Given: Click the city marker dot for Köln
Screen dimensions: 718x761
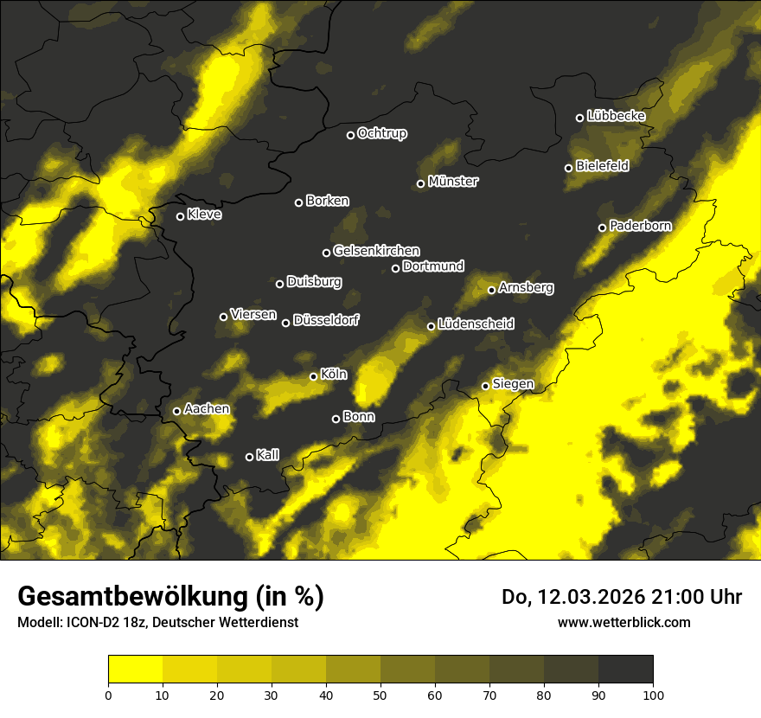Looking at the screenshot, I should coord(314,376).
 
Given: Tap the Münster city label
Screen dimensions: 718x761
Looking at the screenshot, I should coord(453,182).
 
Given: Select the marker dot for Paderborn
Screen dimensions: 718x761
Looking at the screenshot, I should coord(603,228).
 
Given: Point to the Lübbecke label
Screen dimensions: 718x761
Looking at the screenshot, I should coord(616,116).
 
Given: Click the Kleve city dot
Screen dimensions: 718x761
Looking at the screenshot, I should coord(181,216).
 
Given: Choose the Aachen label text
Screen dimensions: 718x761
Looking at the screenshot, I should coord(207,408).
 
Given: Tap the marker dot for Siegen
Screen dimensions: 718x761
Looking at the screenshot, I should coord(486,386).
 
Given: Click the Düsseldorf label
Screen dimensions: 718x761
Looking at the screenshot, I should coord(326,320).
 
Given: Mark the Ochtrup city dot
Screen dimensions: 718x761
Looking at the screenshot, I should coord(350,135).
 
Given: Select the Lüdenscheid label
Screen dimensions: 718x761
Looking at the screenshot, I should coord(476,324).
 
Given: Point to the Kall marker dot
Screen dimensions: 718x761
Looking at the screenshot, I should coord(250,457).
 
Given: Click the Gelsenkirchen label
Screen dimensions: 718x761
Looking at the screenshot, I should coord(376,251).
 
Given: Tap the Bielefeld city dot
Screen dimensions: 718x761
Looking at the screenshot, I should coord(569,168).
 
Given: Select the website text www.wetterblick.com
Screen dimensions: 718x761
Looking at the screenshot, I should coord(624,622).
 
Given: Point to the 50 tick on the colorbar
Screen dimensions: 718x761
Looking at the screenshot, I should coord(380,695).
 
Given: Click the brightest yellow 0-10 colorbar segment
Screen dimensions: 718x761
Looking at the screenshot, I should coord(136,669).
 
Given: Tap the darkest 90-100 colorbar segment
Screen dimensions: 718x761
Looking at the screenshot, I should coord(625,669).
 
